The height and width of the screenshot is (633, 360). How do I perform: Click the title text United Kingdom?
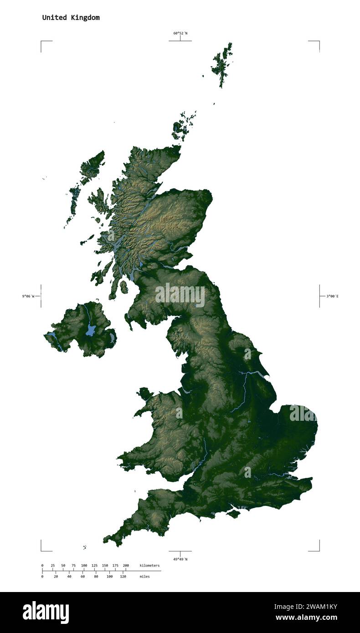71,18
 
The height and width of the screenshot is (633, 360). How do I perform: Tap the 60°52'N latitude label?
180,33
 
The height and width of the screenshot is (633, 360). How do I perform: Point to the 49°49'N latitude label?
180,559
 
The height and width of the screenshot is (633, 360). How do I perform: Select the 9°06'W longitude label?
28,296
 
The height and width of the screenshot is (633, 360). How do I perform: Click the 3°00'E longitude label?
332,296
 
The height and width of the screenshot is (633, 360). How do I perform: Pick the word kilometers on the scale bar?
149,566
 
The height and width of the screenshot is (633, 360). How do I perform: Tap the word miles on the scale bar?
144,577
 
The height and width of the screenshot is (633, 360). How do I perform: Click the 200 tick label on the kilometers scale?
125,566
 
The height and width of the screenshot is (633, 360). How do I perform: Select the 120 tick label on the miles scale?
123,577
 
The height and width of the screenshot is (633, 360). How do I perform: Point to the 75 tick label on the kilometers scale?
73,566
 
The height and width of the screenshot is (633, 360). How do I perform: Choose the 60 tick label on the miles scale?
82,577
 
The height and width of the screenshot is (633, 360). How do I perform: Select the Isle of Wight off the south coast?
233,514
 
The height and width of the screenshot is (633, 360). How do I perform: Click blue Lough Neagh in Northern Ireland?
91,330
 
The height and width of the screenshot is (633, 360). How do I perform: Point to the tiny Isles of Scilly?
85,547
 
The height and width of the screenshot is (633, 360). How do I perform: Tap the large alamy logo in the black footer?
46,612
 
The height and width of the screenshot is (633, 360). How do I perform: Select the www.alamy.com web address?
306,618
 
